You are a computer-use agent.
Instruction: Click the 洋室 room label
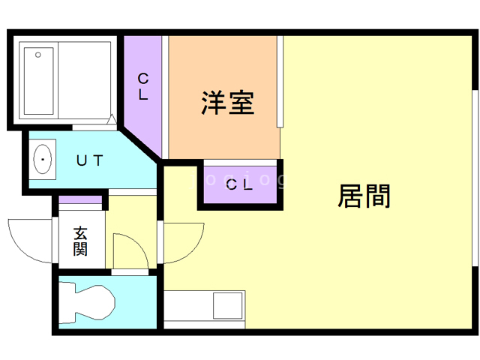pos(227,103)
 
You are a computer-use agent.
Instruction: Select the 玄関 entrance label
pos(79,241)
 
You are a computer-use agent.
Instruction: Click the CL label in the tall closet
pos(142,86)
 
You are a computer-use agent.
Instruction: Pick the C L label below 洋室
pos(240,184)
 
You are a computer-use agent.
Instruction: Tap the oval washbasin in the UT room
pos(43,160)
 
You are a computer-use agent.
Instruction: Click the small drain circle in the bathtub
pos(38,55)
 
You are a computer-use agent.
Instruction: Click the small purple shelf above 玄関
pos(80,199)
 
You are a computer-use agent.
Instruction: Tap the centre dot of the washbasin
pos(43,160)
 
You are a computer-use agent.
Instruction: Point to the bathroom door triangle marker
pos(112,118)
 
